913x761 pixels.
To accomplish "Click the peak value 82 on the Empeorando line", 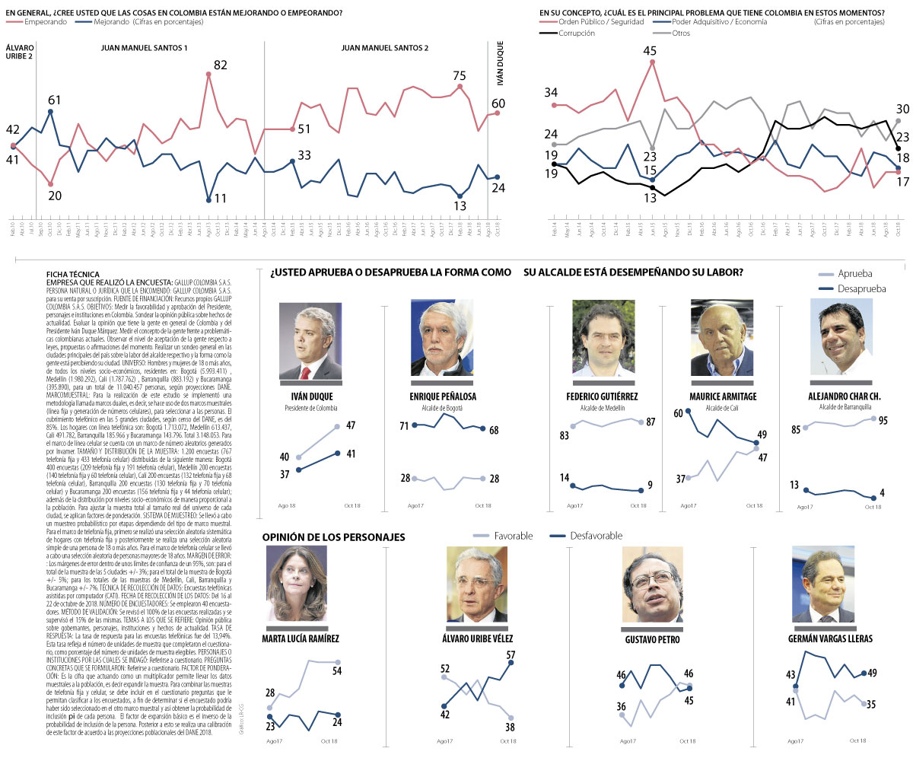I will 220,65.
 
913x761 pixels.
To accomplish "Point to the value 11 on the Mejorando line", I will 219,199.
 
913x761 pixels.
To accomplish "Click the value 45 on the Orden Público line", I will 650,51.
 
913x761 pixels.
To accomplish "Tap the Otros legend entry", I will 681,33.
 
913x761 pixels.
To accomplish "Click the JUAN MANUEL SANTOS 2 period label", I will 385,48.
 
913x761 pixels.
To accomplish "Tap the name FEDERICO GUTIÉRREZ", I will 602,396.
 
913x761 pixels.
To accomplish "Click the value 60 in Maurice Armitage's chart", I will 679,413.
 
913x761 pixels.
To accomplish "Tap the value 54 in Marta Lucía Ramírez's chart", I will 336,670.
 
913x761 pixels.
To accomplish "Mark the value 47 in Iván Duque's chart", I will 351,425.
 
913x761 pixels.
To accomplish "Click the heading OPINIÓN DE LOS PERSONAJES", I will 334,537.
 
